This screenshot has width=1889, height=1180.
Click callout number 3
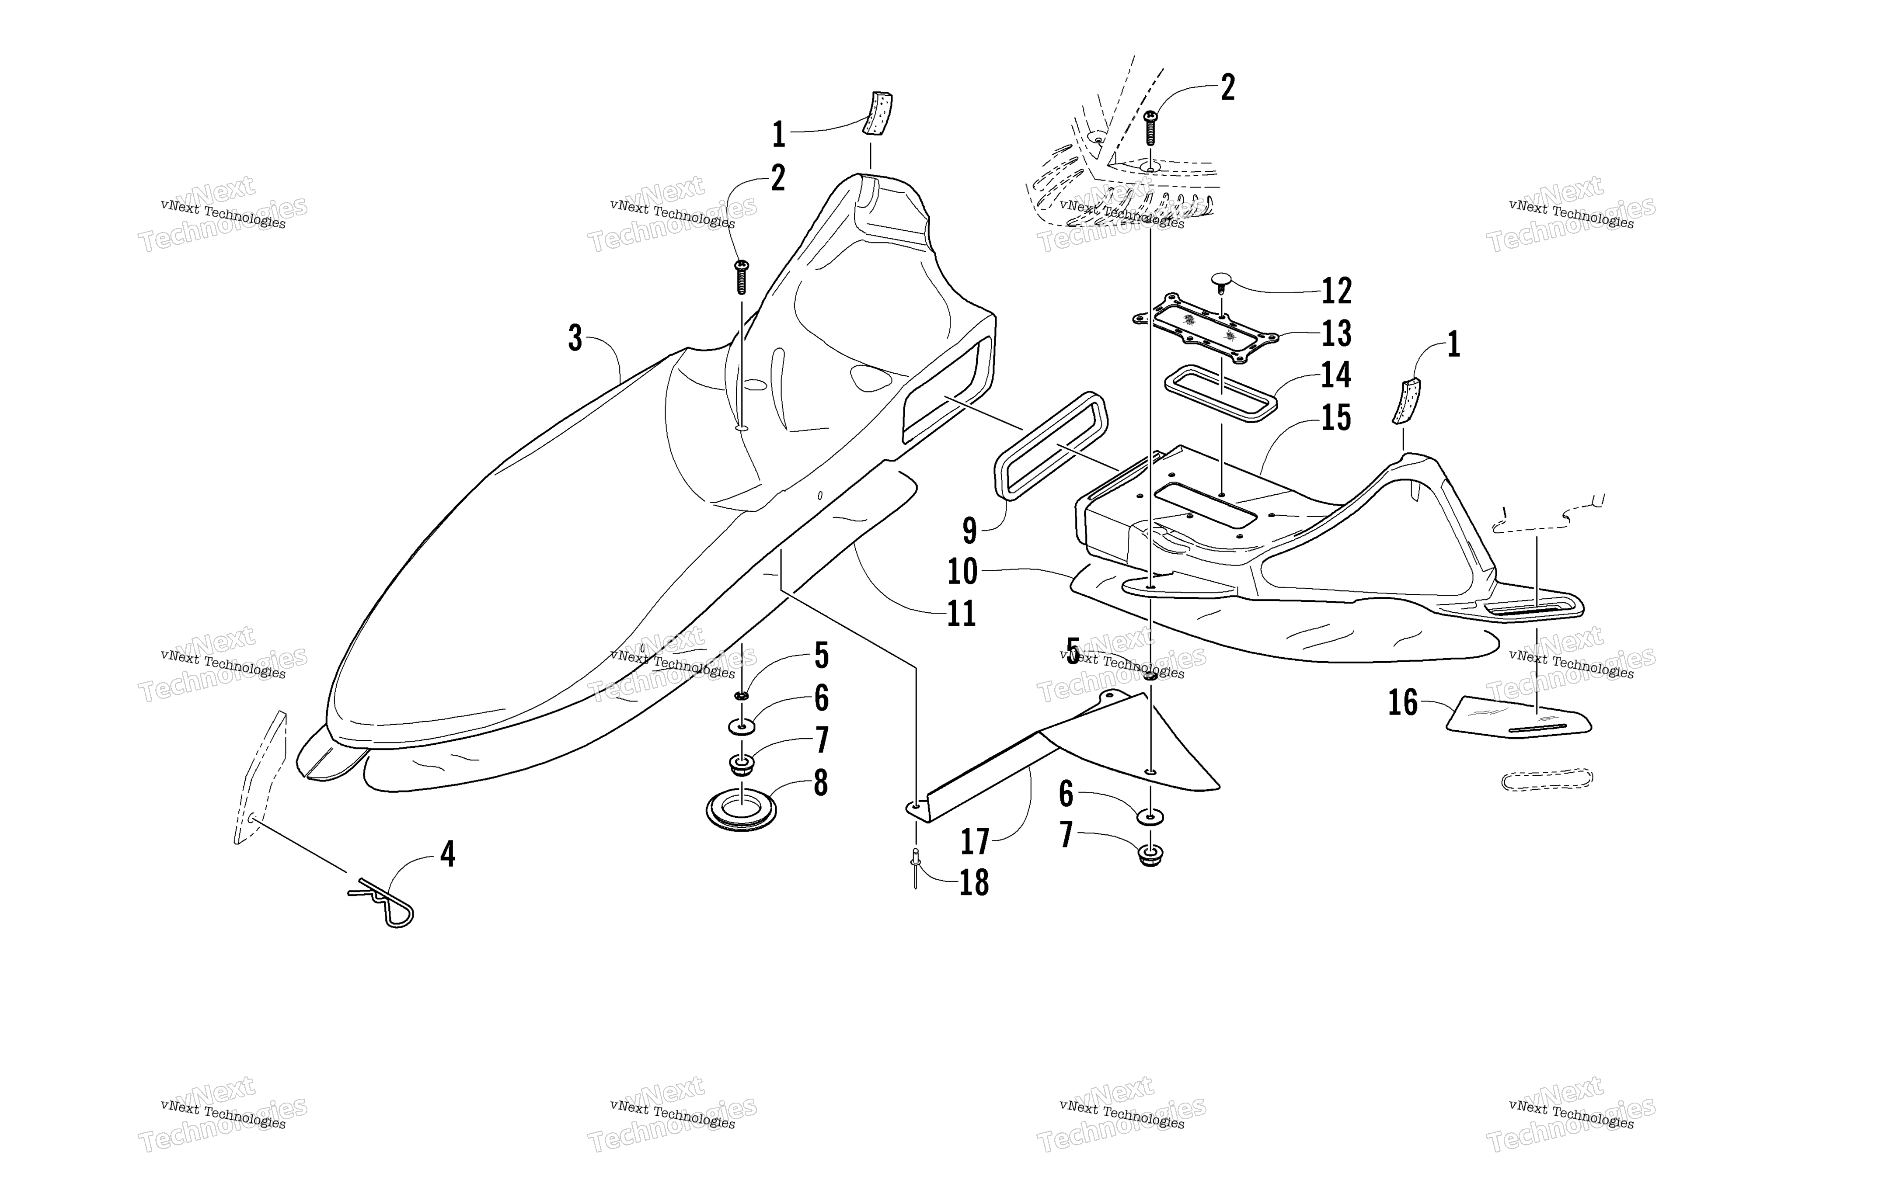pos(575,339)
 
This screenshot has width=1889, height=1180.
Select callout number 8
pos(820,783)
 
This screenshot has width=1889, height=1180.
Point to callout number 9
pos(969,531)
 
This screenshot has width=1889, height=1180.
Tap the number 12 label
pos(1336,291)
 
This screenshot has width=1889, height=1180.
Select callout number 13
pos(1336,333)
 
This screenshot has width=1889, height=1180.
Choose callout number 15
pos(1336,417)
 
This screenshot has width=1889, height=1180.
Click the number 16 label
pos(1403,702)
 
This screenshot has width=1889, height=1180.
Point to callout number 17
pos(975,841)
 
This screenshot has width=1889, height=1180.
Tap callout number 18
pos(974,883)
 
